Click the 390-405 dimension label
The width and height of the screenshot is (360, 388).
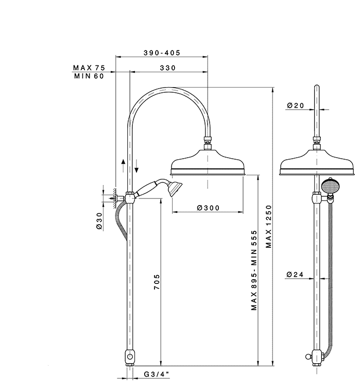162,53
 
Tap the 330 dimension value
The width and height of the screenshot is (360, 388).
167,68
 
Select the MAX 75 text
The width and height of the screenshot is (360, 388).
89,68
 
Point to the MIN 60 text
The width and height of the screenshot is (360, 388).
89,76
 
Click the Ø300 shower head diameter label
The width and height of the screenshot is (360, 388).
208,208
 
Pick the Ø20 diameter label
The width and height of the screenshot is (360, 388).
295,106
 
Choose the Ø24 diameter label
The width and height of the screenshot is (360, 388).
295,274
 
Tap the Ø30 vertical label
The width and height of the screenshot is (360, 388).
99,221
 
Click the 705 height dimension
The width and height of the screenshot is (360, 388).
157,282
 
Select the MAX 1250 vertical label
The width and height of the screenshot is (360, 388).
268,226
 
